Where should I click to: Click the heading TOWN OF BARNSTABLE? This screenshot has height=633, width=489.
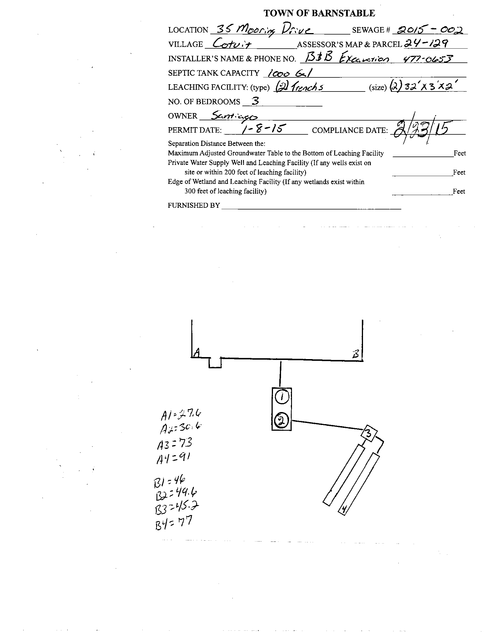(x=319, y=13)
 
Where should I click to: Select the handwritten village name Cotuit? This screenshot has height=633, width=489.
(x=232, y=44)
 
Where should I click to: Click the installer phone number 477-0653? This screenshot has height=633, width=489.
(x=428, y=59)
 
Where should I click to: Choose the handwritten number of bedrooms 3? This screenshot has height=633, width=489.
(x=255, y=101)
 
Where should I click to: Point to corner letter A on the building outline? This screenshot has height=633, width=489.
(x=197, y=352)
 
